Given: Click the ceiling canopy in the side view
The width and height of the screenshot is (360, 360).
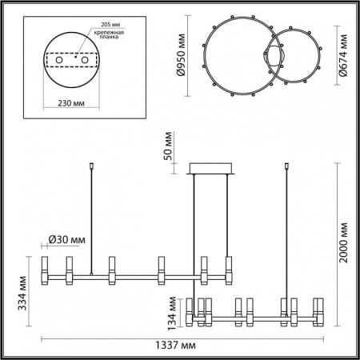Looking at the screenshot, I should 210,169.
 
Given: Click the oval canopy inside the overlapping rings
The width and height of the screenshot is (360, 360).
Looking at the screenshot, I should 274,58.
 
